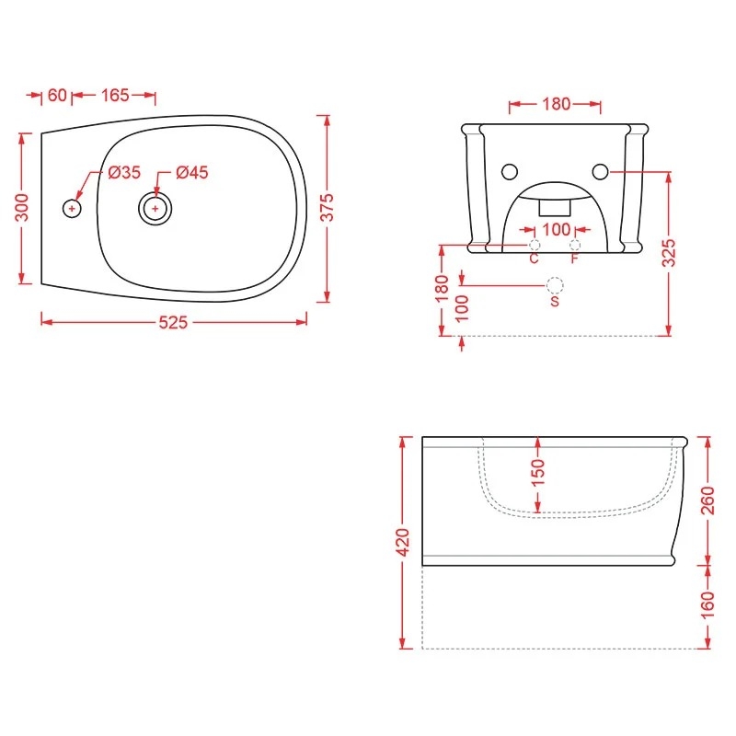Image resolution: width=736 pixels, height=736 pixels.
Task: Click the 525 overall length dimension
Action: click(x=173, y=323)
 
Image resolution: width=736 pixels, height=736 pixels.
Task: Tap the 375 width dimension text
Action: click(x=327, y=207)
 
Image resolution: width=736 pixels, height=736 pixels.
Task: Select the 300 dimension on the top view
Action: click(x=21, y=207)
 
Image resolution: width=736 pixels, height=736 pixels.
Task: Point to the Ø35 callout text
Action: click(x=124, y=172)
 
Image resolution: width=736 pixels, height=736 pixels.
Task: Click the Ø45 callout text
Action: click(x=192, y=172)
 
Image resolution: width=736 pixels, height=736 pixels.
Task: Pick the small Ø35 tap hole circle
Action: click(x=72, y=208)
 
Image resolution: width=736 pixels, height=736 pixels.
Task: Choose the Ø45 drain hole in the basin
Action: click(x=155, y=209)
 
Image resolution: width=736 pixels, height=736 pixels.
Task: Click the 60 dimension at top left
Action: click(x=57, y=95)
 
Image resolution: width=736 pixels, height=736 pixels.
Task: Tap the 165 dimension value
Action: click(x=115, y=95)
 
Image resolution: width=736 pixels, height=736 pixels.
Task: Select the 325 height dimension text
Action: click(x=669, y=252)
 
